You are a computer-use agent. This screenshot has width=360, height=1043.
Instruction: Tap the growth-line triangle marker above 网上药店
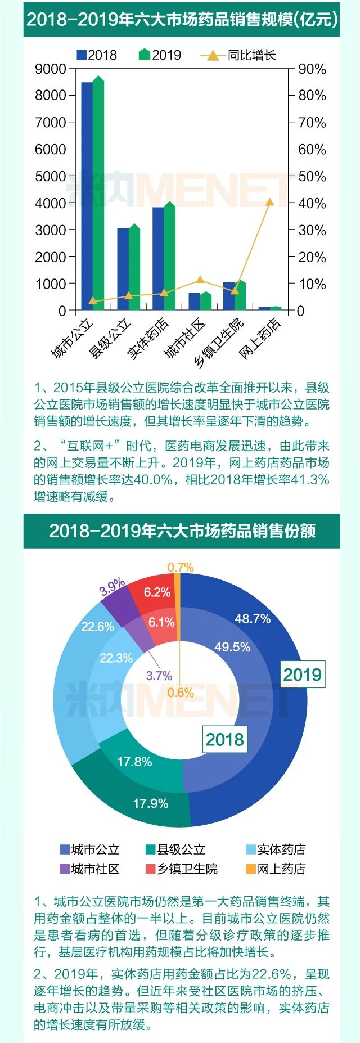[270, 203]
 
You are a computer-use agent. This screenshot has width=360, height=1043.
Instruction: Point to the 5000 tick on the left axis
[51, 176]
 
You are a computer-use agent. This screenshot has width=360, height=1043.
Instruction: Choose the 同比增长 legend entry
[238, 55]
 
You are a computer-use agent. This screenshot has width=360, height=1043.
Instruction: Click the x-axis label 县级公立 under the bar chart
[110, 339]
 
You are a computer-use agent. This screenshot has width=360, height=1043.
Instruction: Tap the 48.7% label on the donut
[253, 619]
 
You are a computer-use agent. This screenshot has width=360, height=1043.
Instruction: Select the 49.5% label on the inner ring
[232, 647]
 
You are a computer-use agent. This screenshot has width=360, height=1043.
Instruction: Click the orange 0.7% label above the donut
[181, 567]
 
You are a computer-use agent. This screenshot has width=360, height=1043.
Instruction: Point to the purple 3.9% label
[112, 587]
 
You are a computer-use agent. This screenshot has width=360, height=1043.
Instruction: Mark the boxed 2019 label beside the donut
[302, 675]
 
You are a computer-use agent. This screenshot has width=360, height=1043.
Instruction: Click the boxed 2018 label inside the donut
[225, 740]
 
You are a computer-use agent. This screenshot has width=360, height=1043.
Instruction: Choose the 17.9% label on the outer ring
[151, 803]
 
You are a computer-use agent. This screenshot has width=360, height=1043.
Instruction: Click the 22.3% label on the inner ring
[116, 658]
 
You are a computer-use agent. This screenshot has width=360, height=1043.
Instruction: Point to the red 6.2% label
[157, 592]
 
